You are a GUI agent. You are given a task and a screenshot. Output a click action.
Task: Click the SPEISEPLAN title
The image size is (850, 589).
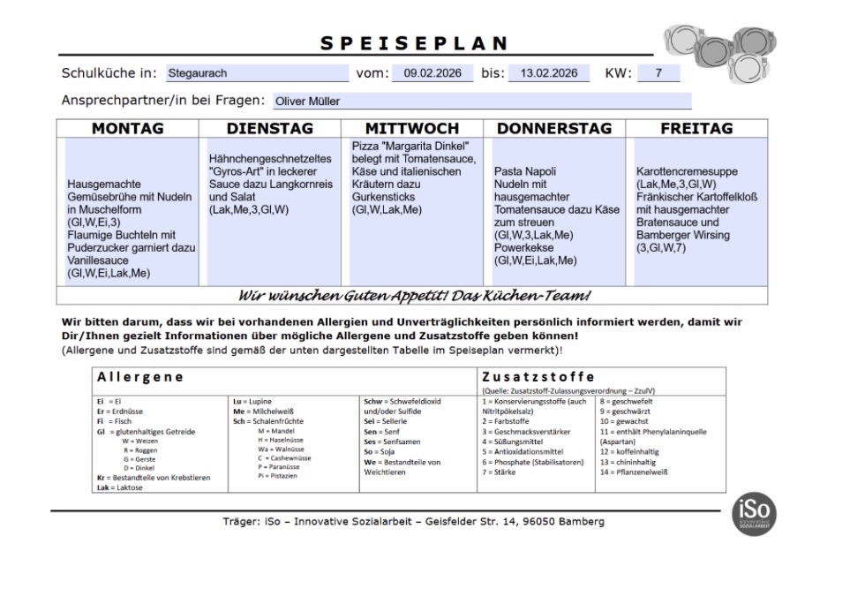[x=414, y=43]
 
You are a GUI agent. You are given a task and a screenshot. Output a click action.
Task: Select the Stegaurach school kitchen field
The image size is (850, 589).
[x=256, y=73]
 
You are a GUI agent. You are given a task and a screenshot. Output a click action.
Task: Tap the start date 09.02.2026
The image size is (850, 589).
[x=433, y=73]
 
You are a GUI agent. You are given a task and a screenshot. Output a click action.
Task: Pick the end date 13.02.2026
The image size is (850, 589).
[x=548, y=73]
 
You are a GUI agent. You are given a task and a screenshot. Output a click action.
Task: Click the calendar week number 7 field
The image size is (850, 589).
[x=658, y=73]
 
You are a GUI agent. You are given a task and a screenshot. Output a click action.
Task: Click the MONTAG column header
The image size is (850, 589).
[x=128, y=129]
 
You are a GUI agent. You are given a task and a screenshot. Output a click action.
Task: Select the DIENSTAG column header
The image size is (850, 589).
[x=270, y=129]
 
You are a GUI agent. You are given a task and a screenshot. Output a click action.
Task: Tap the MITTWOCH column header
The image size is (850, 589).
[x=412, y=129]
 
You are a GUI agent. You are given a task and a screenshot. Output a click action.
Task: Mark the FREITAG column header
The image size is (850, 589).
[x=696, y=129]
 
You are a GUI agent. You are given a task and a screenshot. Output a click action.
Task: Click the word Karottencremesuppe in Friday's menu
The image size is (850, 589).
[x=687, y=171]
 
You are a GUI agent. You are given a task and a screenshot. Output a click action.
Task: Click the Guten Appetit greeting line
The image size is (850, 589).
[x=414, y=295]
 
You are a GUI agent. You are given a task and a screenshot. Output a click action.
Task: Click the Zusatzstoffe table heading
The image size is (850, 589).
[x=538, y=377]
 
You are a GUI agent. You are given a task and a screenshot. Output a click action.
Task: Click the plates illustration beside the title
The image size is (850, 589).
[x=719, y=52]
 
